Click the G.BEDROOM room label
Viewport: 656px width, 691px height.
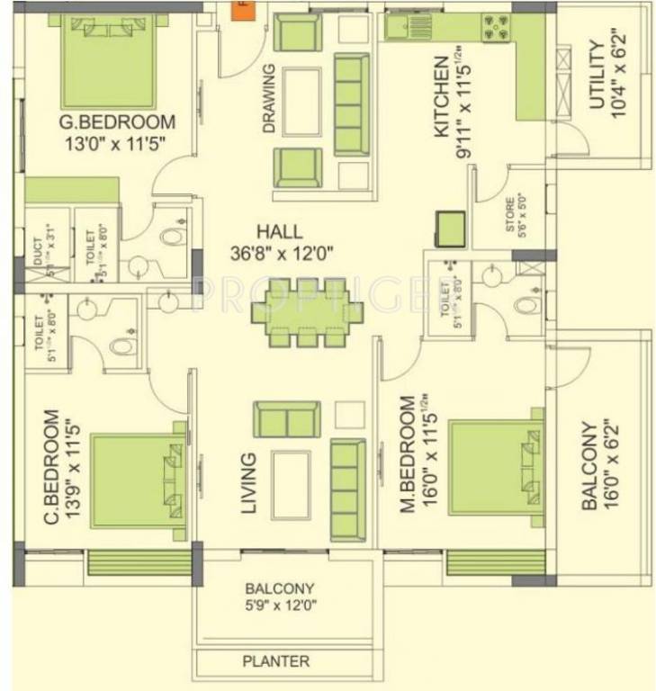(x=117, y=122)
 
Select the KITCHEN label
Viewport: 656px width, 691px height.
(x=441, y=96)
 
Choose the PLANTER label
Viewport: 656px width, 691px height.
(x=275, y=661)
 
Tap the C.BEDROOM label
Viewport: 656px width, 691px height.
(x=50, y=468)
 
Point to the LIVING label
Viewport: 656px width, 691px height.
(x=249, y=483)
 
